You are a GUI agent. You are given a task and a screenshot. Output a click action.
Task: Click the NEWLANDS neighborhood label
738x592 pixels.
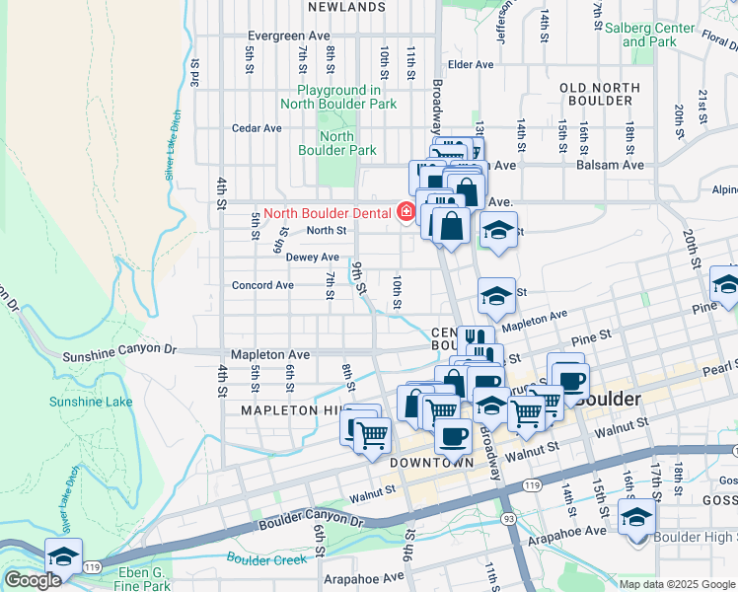pyautogui.click(x=345, y=7)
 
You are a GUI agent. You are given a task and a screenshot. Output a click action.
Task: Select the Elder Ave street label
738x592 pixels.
pyautogui.click(x=470, y=65)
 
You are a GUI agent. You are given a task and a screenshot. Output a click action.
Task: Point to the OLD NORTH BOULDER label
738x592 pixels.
pyautogui.click(x=595, y=94)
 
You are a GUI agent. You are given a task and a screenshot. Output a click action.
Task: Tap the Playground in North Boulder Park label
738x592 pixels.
pyautogui.click(x=338, y=97)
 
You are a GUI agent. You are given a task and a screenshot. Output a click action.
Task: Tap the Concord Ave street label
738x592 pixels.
pyautogui.click(x=262, y=285)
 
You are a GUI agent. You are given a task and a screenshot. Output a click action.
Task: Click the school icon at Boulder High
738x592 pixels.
pyautogui.click(x=636, y=516)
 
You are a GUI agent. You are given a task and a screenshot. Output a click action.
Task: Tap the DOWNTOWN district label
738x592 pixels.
pyautogui.click(x=433, y=462)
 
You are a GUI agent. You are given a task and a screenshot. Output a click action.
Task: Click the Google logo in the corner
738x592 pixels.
pyautogui.click(x=33, y=579)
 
